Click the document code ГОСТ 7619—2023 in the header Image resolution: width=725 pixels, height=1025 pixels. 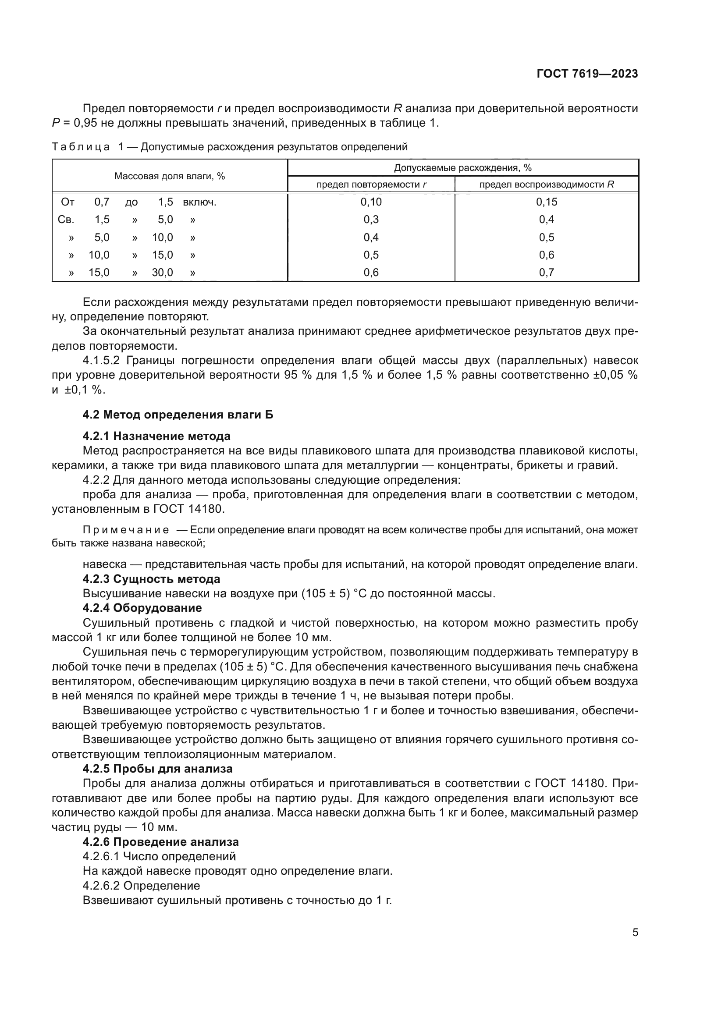click(x=587, y=74)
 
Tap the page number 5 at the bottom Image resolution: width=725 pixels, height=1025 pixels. click(x=635, y=932)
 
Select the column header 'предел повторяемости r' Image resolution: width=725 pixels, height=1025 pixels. click(x=371, y=184)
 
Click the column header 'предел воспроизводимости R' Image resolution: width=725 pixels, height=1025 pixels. click(x=547, y=184)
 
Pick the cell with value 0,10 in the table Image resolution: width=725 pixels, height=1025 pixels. click(x=371, y=202)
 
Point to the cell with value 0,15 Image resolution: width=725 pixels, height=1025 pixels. click(x=547, y=202)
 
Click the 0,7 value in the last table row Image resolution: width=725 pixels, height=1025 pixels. click(x=547, y=272)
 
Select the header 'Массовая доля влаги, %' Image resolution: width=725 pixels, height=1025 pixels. click(x=170, y=176)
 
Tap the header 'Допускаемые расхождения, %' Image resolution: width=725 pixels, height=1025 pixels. click(x=462, y=168)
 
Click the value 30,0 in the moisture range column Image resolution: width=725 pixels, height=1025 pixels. click(x=162, y=272)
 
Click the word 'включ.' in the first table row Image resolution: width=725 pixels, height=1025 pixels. click(x=199, y=202)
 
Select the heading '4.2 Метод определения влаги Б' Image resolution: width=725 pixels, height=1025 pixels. click(x=178, y=415)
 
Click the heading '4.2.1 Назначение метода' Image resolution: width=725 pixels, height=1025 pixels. click(x=156, y=436)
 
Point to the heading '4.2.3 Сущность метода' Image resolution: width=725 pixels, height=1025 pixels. click(x=151, y=579)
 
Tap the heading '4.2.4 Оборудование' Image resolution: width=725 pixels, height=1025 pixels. click(x=142, y=607)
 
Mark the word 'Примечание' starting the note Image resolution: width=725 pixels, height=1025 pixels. click(x=126, y=530)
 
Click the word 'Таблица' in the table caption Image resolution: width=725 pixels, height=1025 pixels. click(x=81, y=147)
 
